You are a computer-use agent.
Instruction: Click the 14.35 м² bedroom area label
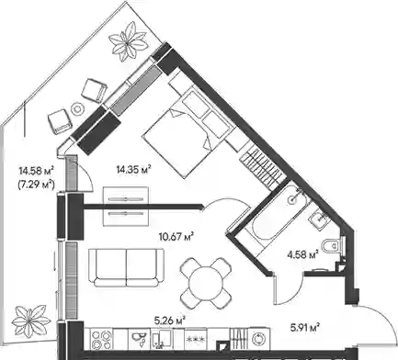(134, 169)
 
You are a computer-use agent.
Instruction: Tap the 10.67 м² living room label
(176, 236)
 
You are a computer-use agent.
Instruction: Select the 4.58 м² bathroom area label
(302, 254)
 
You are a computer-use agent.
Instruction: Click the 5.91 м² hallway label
(305, 328)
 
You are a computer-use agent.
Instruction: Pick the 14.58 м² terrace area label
(37, 170)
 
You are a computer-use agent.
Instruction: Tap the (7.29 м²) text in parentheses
(37, 185)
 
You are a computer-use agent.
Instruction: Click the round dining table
(206, 283)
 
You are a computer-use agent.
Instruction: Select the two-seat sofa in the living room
(126, 267)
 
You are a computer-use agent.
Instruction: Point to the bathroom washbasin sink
(319, 219)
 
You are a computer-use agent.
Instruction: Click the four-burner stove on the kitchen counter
(102, 339)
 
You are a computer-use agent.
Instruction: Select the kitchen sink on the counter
(139, 339)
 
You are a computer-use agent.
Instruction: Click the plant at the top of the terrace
(129, 42)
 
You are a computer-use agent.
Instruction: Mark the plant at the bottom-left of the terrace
(31, 321)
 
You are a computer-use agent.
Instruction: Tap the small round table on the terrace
(77, 108)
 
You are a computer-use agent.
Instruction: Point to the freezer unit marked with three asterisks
(196, 339)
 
